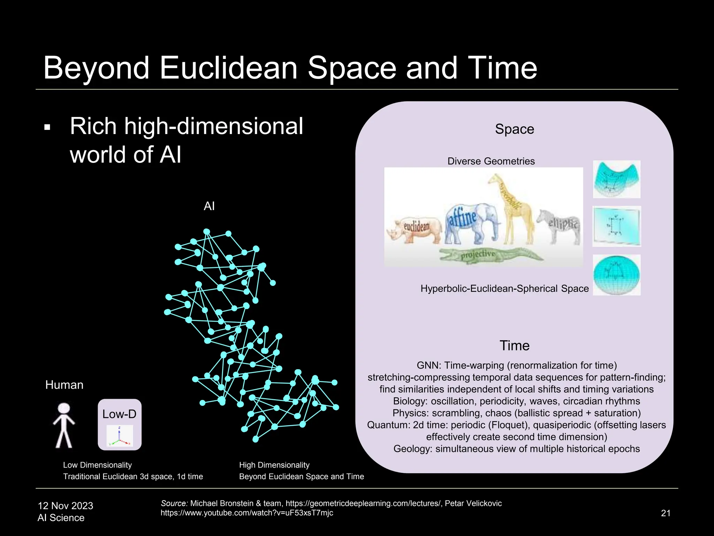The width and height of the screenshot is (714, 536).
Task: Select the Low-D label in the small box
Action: pyautogui.click(x=119, y=414)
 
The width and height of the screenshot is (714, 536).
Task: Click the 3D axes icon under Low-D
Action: pyautogui.click(x=120, y=436)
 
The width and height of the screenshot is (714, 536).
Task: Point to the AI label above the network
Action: pyautogui.click(x=209, y=206)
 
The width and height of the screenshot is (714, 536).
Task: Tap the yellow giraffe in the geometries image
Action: pyautogui.click(x=511, y=209)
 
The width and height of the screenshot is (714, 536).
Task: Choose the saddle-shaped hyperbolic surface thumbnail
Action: pyautogui.click(x=616, y=179)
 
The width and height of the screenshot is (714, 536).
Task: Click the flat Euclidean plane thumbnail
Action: pyautogui.click(x=616, y=226)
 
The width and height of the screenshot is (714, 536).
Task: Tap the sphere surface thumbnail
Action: pyautogui.click(x=616, y=275)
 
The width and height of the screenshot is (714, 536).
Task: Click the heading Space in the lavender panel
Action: pyautogui.click(x=514, y=129)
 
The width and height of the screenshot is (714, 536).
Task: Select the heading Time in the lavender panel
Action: pyautogui.click(x=514, y=345)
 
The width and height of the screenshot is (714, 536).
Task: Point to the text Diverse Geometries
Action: pyautogui.click(x=491, y=161)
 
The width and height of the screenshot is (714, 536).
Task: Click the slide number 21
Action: pyautogui.click(x=666, y=513)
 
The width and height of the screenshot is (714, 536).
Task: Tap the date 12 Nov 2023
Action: pyautogui.click(x=66, y=506)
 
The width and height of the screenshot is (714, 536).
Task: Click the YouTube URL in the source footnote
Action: pyautogui.click(x=247, y=513)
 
